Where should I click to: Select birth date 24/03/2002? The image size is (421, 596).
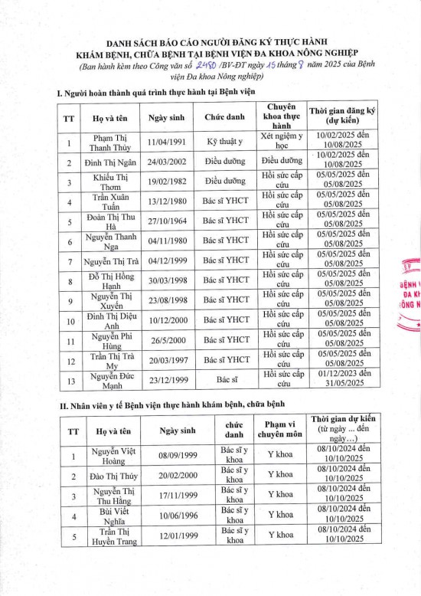click(x=169, y=162)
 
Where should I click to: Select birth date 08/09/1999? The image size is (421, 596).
click(x=180, y=455)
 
